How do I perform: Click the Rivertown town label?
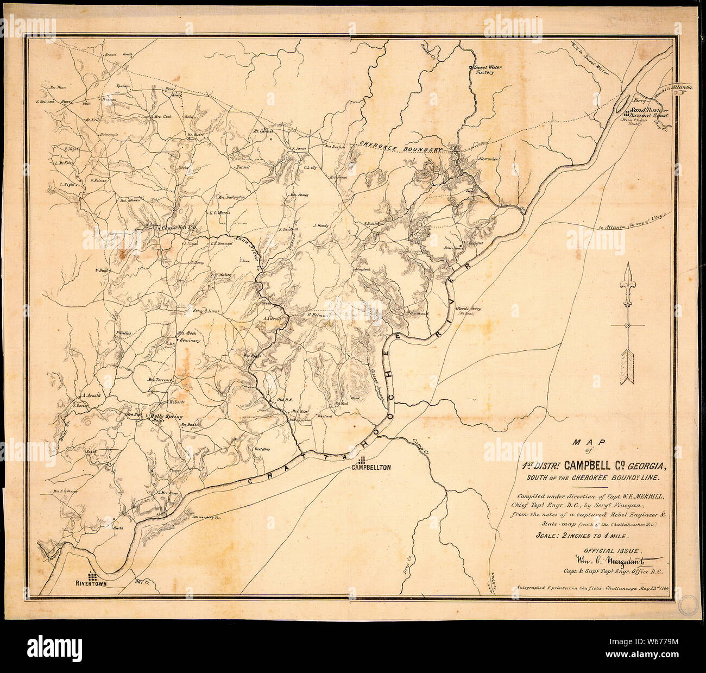[94, 584]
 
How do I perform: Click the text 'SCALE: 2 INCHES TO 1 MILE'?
[582, 536]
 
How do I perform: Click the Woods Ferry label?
[468, 309]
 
